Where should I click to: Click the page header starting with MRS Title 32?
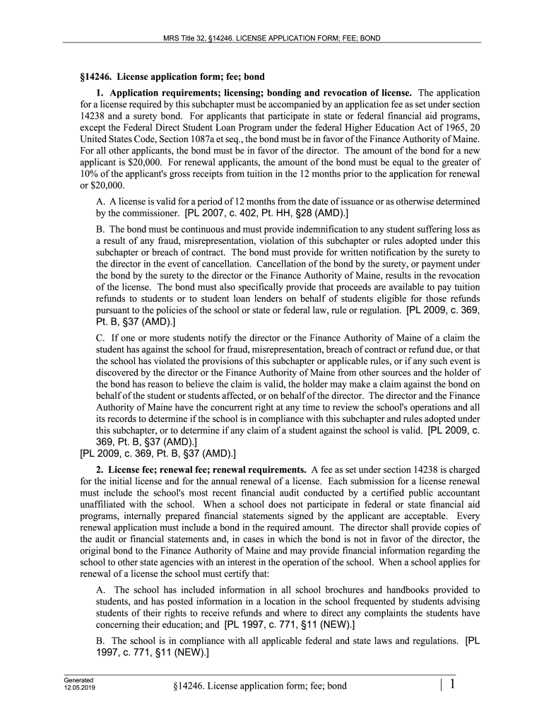click(272, 37)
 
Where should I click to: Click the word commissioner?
click(143, 212)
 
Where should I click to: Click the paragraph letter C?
click(99, 338)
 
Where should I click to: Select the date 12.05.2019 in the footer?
click(78, 687)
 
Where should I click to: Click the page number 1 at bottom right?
click(451, 684)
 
